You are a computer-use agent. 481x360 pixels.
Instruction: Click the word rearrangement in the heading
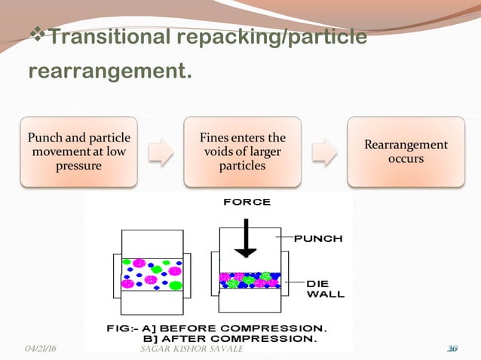coord(109,72)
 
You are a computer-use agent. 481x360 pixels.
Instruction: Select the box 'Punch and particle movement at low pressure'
coord(79,151)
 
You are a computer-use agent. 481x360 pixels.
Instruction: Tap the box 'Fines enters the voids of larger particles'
coord(243,151)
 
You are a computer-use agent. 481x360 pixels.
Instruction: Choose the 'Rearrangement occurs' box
coord(406,151)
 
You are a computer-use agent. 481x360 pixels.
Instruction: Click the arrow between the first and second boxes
coord(161,151)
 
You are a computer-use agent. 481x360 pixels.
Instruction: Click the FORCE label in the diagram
coord(247,203)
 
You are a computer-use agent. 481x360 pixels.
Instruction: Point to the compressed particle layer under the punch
coord(250,281)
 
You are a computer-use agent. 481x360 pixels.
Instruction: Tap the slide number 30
coord(452,349)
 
